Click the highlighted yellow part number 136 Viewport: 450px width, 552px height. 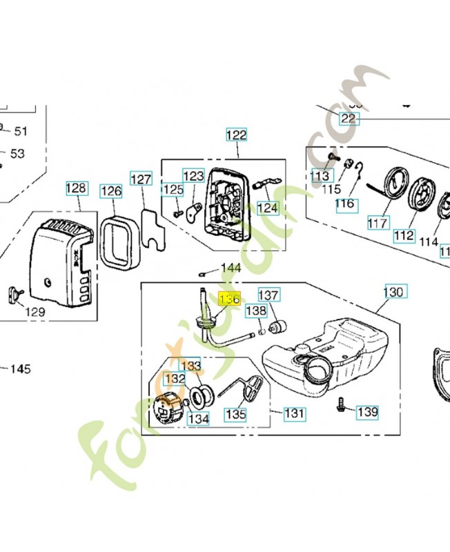click(228, 299)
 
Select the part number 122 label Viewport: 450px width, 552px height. click(236, 135)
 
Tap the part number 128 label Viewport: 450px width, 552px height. click(77, 188)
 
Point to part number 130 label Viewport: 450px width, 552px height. click(393, 293)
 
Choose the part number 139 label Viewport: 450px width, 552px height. click(367, 412)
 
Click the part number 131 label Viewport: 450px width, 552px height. click(295, 413)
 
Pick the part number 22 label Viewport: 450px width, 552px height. click(349, 119)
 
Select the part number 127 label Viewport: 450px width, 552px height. click(141, 179)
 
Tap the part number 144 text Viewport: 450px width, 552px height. click(231, 268)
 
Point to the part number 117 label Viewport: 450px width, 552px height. click(378, 223)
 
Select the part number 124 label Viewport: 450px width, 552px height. click(267, 207)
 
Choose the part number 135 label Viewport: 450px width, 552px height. click(236, 415)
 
